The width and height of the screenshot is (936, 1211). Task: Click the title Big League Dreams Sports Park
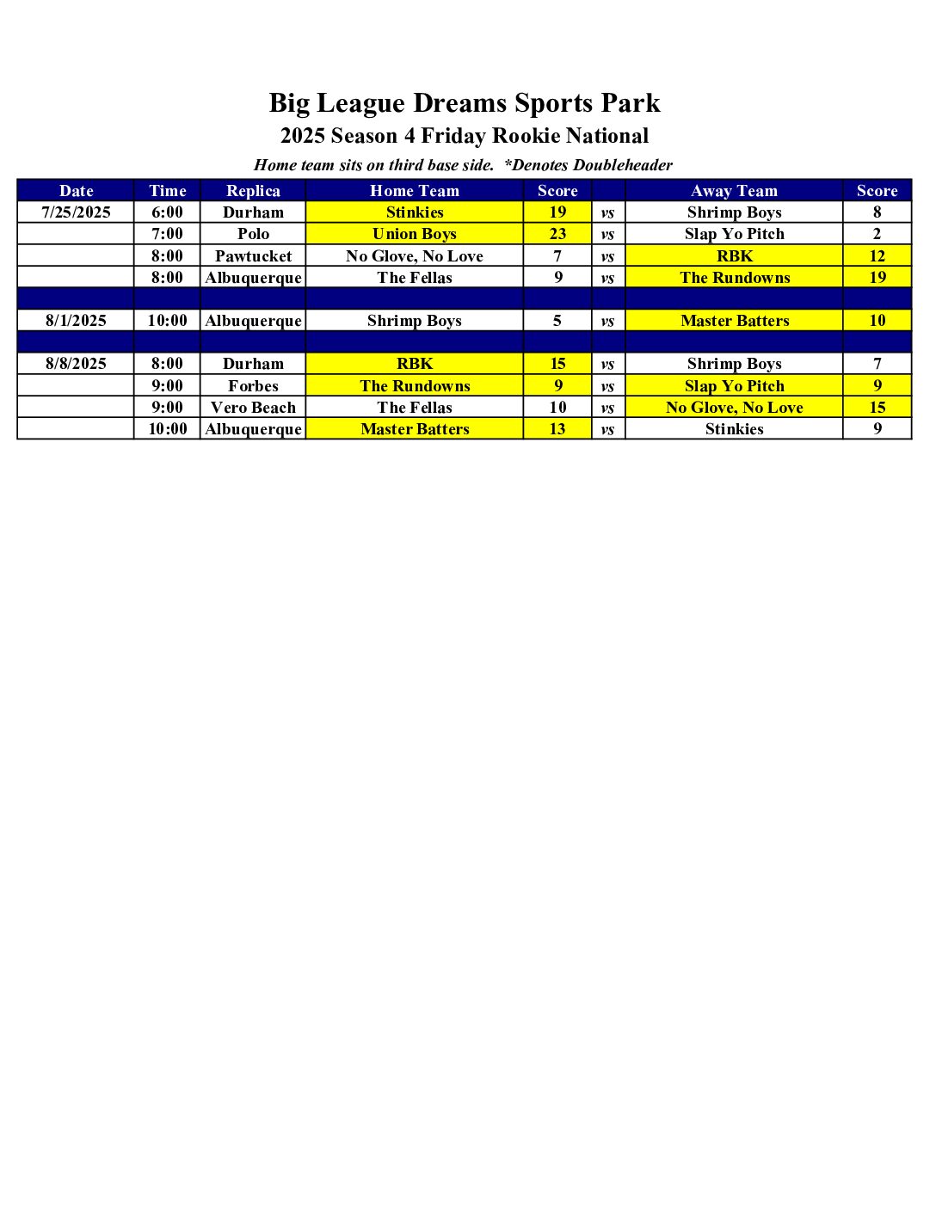(x=465, y=103)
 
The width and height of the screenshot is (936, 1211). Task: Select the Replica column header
(x=253, y=191)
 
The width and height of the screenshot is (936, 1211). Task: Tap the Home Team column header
(x=415, y=191)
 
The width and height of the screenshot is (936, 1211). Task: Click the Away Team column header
(x=734, y=191)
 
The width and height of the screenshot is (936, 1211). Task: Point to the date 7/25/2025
(x=76, y=212)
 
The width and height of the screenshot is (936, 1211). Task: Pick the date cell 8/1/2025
(x=76, y=321)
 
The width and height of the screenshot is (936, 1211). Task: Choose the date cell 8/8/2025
(x=76, y=364)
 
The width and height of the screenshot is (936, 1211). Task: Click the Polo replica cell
(x=253, y=234)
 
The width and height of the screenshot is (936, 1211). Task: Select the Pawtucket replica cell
(x=253, y=256)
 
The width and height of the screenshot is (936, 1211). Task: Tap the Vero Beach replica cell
(x=253, y=408)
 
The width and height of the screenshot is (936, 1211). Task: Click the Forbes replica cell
(x=253, y=386)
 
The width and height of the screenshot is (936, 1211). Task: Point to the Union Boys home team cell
(x=415, y=234)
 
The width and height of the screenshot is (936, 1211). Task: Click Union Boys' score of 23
(x=557, y=234)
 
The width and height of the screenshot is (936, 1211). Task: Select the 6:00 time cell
(x=167, y=212)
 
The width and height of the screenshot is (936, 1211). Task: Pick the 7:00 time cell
(x=167, y=234)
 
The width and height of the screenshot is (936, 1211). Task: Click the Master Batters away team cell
(x=734, y=321)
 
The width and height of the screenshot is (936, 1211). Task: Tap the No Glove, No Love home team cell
(x=415, y=256)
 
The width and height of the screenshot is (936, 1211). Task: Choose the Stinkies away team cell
(x=734, y=429)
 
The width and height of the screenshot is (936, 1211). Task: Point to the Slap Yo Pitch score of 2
(x=877, y=234)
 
